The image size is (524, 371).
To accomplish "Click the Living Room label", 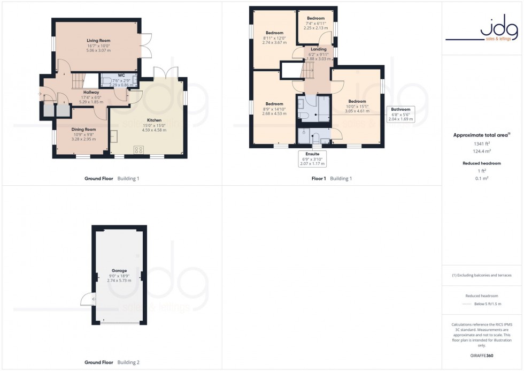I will pos(97,40).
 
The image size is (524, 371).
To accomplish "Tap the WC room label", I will pos(121,75).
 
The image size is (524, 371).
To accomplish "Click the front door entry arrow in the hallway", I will pos(40,94).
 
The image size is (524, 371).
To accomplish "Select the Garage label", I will pos(119,271).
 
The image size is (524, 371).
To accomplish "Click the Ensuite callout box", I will pos(312,159).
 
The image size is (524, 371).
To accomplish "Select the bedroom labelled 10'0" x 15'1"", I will pos(357,101).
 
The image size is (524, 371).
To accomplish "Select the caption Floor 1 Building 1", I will pos(332,178).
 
